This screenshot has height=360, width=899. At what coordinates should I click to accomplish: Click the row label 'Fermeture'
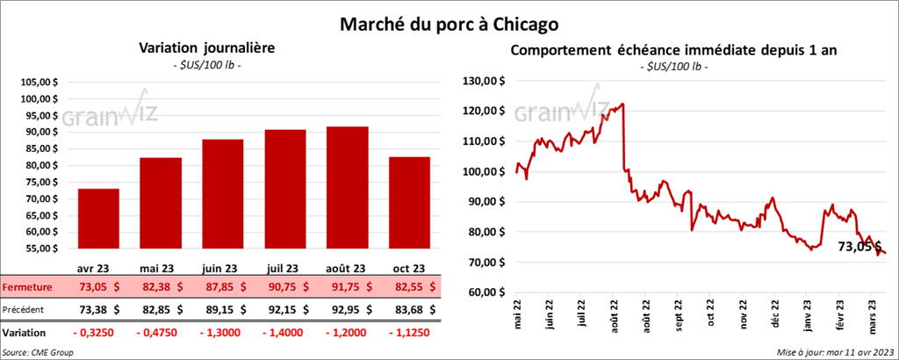27,286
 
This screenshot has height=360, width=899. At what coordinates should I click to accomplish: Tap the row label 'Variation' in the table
24,334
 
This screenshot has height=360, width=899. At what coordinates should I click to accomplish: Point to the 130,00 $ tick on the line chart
484,81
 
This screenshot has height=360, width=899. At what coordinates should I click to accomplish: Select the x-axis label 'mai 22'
517,315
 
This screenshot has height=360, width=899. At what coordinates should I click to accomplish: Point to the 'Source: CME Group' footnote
38,352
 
